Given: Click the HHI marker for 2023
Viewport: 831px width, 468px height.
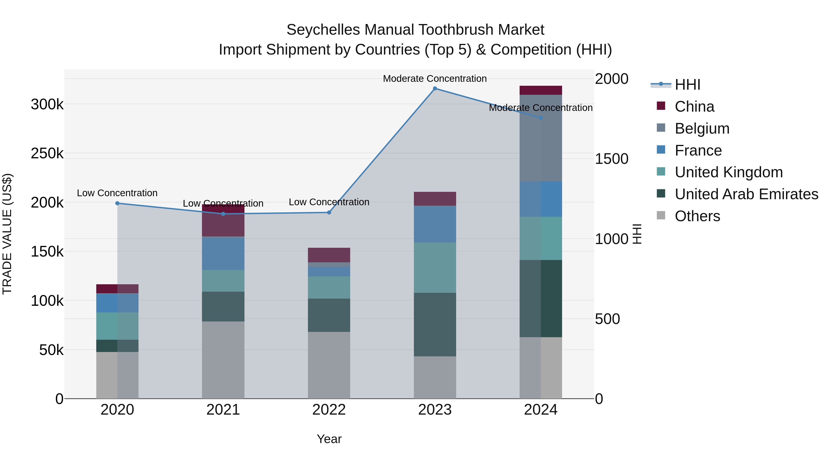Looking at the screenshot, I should pos(435,89).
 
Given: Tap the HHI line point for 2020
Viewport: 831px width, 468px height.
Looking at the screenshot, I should pos(117,203).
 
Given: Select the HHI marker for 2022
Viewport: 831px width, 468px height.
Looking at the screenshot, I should pos(329,213).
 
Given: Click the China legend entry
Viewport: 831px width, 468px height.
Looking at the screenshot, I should pos(694,107).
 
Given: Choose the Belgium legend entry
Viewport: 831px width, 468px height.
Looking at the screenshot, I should pos(702,128).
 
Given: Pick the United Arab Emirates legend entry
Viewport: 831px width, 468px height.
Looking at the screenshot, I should pos(746,194).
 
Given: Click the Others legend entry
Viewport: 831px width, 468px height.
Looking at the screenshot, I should pos(697,216).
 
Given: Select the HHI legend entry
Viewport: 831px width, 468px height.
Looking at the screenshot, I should pos(687,85).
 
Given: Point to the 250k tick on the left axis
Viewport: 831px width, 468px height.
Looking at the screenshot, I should pos(47,153).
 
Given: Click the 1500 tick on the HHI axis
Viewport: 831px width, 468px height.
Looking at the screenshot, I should pos(611,159).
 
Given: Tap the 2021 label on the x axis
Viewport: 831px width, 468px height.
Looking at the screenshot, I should pos(223,410).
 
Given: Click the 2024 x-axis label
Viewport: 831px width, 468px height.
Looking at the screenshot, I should pos(541,410).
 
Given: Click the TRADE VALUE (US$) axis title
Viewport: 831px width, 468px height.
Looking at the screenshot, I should pos(7,234).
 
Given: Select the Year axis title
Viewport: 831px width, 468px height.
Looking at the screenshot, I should pos(329,439).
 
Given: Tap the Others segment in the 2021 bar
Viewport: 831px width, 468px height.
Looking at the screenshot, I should pos(223,360).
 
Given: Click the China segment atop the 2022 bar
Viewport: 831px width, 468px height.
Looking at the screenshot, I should pos(329,255).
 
